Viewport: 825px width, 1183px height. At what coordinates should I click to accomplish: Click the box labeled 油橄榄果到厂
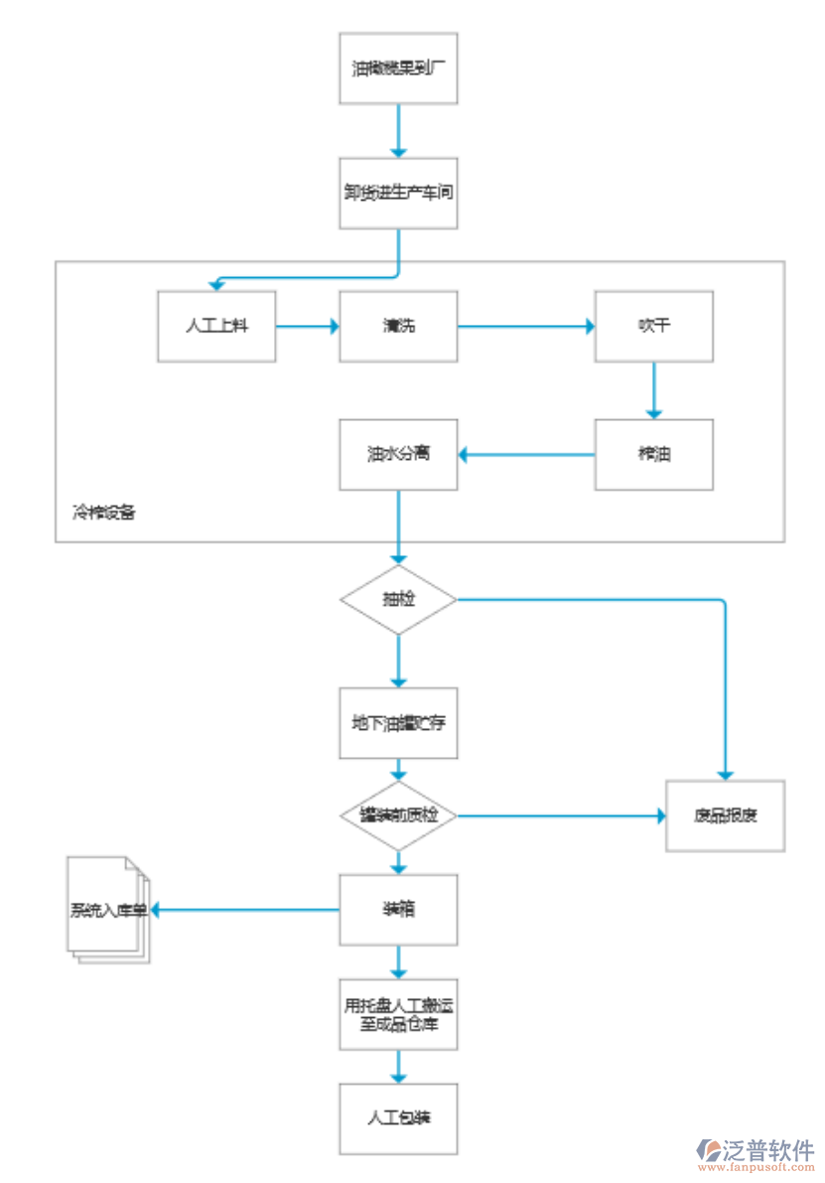click(398, 70)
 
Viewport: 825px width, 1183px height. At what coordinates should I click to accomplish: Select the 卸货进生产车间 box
click(398, 194)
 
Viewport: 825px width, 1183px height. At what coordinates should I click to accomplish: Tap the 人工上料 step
click(216, 326)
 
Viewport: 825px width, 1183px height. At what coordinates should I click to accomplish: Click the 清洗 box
click(398, 326)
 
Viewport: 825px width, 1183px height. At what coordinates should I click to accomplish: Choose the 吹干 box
click(653, 326)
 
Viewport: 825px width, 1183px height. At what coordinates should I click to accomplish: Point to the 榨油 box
click(653, 454)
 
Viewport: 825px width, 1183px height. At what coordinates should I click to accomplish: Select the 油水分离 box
click(398, 454)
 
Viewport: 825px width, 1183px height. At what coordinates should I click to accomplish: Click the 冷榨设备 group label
click(103, 514)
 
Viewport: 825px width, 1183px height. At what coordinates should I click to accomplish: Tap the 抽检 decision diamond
click(398, 600)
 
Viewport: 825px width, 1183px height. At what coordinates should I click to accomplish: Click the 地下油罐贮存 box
click(398, 722)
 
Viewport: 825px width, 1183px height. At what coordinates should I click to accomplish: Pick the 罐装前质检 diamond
click(398, 815)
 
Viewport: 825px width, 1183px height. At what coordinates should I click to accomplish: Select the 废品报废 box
click(725, 815)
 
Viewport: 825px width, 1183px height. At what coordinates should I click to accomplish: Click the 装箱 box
click(398, 909)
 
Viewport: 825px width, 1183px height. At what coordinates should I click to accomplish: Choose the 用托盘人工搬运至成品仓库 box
click(398, 1014)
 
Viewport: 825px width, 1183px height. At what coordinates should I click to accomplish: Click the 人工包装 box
click(398, 1118)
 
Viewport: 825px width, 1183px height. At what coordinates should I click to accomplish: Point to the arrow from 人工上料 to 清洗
click(308, 326)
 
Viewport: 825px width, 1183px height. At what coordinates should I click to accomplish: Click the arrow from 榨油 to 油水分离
click(526, 455)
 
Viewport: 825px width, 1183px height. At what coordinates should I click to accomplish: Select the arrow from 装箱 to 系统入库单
click(243, 909)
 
